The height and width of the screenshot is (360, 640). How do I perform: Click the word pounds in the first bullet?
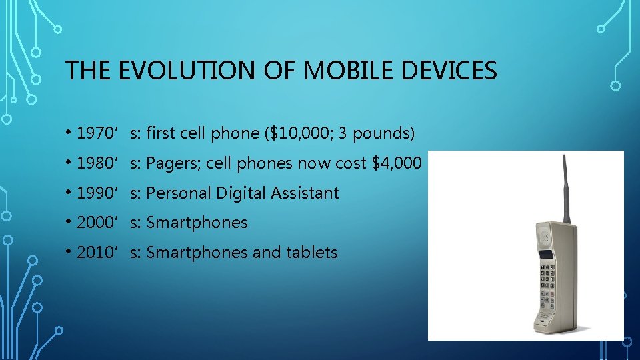tap(383, 133)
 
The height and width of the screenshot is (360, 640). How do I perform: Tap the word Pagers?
tap(170, 163)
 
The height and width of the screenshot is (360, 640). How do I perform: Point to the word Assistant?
tap(307, 193)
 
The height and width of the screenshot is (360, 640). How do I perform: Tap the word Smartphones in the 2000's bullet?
tap(197, 223)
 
